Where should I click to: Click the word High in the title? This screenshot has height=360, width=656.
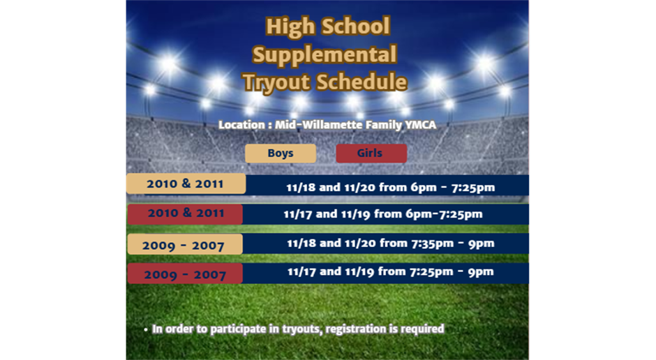(x=290, y=27)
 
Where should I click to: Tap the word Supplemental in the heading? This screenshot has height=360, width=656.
(x=325, y=55)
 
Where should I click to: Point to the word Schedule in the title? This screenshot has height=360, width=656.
(x=361, y=82)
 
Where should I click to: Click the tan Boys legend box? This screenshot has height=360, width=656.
(x=281, y=153)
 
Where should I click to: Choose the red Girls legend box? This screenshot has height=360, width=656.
(x=371, y=153)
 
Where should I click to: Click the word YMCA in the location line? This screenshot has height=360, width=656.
(x=420, y=125)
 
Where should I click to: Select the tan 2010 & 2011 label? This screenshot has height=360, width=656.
(x=186, y=183)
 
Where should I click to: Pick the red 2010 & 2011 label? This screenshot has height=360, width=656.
(x=185, y=214)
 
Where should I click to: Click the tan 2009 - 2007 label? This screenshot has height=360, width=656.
(x=185, y=244)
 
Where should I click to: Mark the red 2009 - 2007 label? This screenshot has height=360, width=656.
(x=185, y=273)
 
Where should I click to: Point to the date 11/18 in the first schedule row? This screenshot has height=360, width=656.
(x=301, y=187)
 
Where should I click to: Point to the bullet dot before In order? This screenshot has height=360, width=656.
(x=146, y=330)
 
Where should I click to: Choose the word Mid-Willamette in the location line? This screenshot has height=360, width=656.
(x=319, y=125)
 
